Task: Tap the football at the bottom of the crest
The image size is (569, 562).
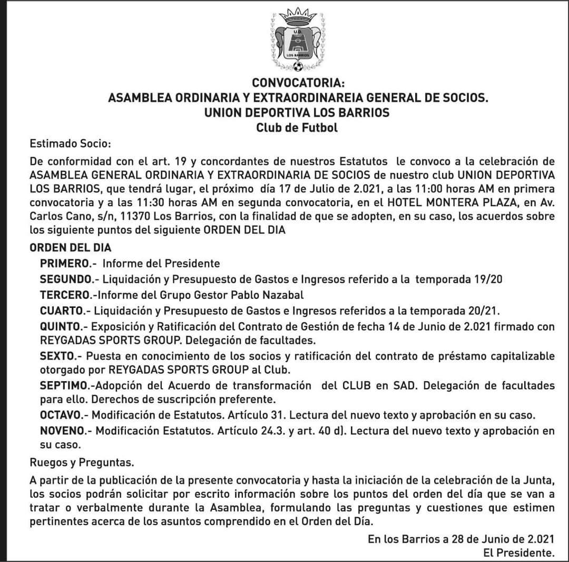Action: [x=298, y=66]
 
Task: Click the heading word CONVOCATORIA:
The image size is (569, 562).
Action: [x=298, y=83]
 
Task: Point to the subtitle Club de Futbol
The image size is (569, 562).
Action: [x=297, y=128]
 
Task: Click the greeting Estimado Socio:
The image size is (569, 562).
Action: [x=71, y=143]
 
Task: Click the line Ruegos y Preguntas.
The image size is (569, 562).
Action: [x=82, y=463]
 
